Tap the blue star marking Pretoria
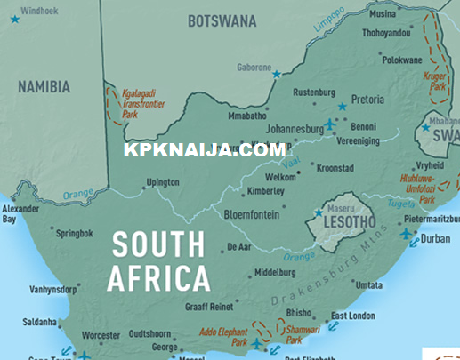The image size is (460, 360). pyautogui.click(x=342, y=106)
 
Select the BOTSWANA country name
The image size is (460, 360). pyautogui.click(x=222, y=20)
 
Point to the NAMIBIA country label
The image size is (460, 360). pyautogui.click(x=44, y=86)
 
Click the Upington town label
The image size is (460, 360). pyautogui.click(x=163, y=182)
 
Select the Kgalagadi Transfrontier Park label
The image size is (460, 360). pyautogui.click(x=142, y=103)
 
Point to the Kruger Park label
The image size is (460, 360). pyautogui.click(x=436, y=82)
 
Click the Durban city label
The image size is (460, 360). pyautogui.click(x=435, y=238)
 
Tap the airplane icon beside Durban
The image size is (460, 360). pyautogui.click(x=408, y=235)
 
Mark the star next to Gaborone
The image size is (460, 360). pyautogui.click(x=276, y=75)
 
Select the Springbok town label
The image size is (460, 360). pyautogui.click(x=74, y=235)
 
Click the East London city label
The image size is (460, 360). pyautogui.click(x=351, y=316)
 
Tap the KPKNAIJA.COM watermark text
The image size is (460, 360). pyautogui.click(x=205, y=150)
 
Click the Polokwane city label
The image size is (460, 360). pyautogui.click(x=402, y=60)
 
